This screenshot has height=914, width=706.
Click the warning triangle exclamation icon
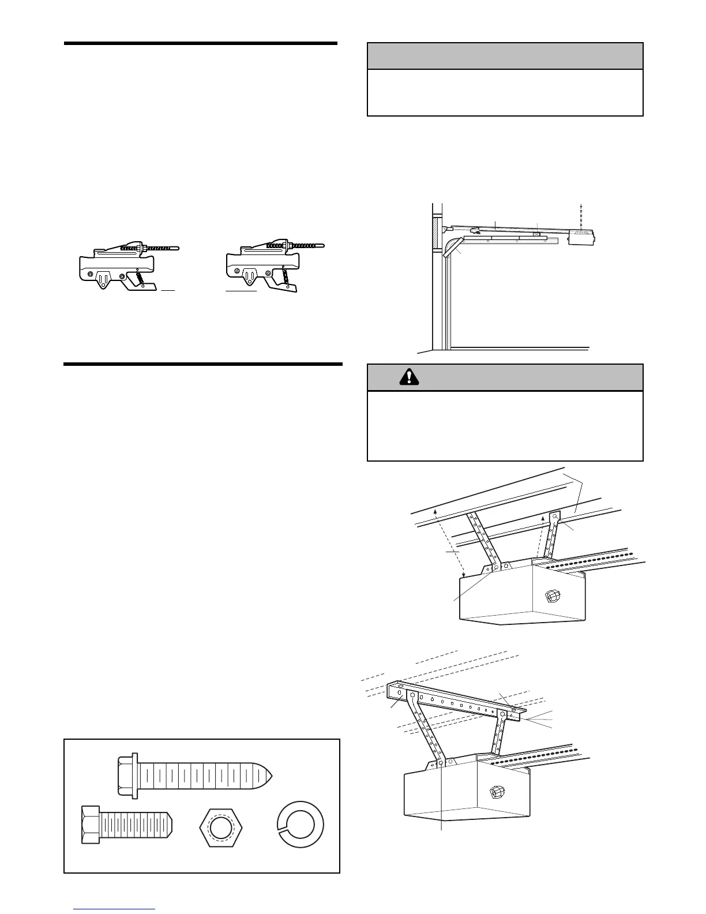(409, 377)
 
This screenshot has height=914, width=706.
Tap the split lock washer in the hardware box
(300, 825)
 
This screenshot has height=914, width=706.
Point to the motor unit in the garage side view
(583, 237)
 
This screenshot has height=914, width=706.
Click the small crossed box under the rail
(536, 235)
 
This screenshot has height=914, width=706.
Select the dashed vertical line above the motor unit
(581, 216)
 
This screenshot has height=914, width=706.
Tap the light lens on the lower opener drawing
(495, 790)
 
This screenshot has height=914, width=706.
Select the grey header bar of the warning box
(505, 378)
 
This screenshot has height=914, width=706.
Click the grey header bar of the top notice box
(505, 56)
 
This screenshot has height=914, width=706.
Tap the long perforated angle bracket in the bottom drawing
(456, 701)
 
